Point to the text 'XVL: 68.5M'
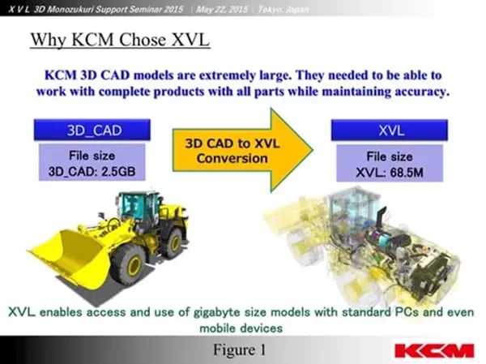click(x=390, y=171)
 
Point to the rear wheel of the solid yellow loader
click(x=173, y=242)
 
